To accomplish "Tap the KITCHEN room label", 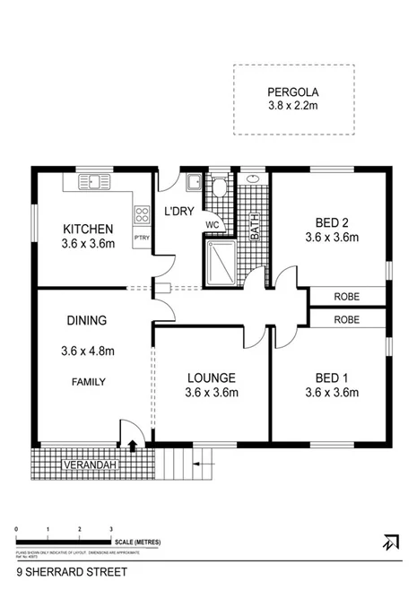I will point(87,229).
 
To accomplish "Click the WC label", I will point(213,224).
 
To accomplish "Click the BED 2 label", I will point(332,223).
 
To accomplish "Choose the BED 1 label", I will point(332,377).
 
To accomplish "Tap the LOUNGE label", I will point(211,377).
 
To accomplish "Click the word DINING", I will point(87,320).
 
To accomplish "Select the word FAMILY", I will point(89,382).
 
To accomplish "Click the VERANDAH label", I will point(86,466).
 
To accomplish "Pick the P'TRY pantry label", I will point(141,238).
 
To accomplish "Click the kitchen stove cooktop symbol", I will point(141,214).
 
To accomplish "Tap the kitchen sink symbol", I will point(92,183).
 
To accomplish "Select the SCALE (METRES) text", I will point(137,542).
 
